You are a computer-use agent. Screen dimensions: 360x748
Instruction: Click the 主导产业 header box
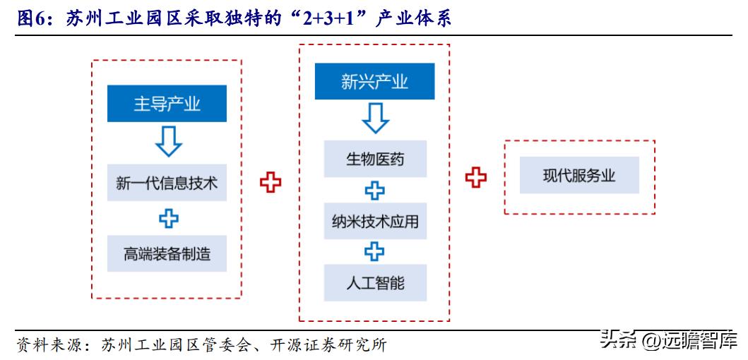167,104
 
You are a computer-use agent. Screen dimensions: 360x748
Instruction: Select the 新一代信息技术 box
167,184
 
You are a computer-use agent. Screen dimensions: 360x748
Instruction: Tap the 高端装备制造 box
167,253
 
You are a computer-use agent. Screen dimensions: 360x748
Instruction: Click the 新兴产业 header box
374,82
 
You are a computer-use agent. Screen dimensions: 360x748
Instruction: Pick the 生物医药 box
375,159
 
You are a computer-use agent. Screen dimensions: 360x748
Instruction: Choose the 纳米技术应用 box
375,222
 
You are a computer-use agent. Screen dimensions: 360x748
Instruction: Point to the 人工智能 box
375,283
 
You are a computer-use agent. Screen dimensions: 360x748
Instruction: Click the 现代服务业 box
579,176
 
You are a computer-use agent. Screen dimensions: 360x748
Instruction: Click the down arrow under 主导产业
168,141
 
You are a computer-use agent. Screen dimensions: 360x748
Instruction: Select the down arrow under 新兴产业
375,119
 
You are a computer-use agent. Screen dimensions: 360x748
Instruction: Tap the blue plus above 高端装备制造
168,219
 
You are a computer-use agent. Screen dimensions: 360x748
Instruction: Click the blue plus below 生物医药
375,191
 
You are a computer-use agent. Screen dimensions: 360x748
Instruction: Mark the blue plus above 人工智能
375,252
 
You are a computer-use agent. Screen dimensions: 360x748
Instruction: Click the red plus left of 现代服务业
476,176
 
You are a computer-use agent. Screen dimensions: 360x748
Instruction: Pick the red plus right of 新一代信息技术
270,182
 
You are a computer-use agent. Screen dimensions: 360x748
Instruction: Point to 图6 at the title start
30,19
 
